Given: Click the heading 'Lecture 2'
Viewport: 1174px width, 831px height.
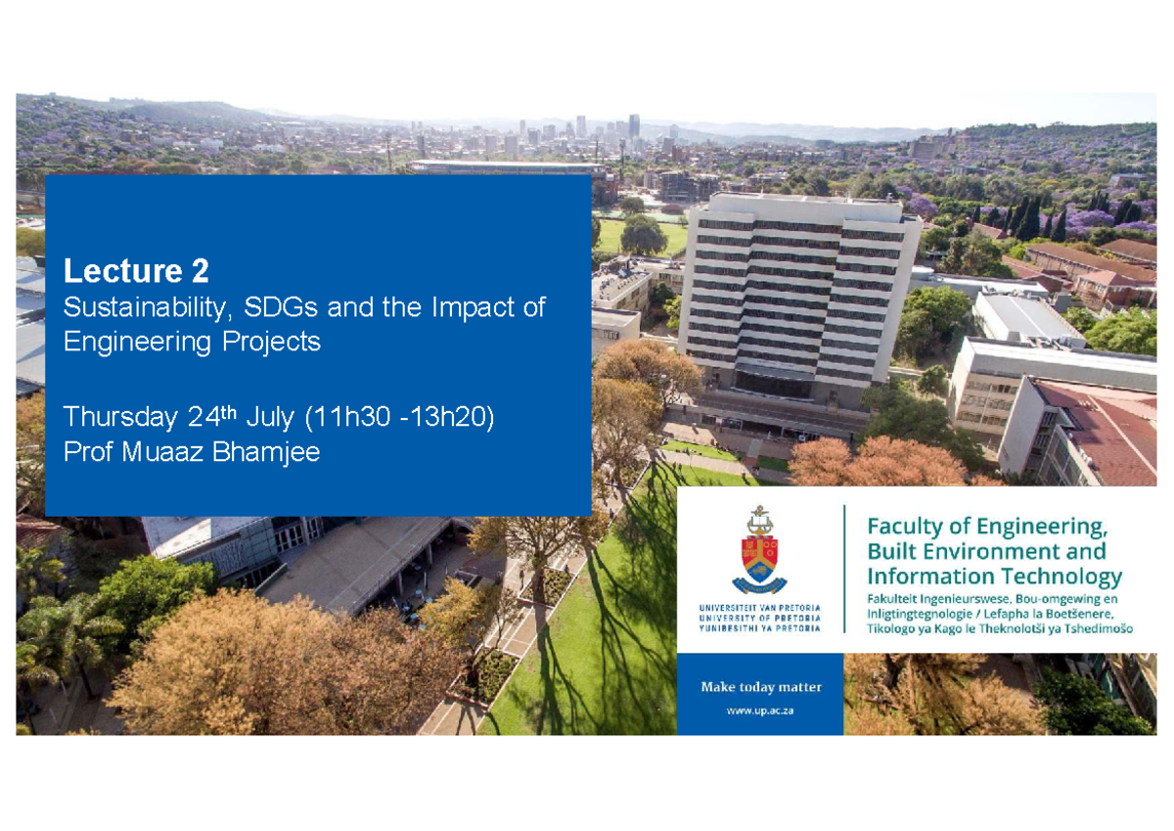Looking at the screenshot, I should point(136,270).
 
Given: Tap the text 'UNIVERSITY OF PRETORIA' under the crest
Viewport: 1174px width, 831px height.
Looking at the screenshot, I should point(759,619).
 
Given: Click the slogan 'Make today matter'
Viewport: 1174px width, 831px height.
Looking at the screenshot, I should point(760,687).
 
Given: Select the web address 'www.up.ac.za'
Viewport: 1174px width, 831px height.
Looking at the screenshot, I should point(759,711).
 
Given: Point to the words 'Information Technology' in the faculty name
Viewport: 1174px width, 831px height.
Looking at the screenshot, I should point(994,576).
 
